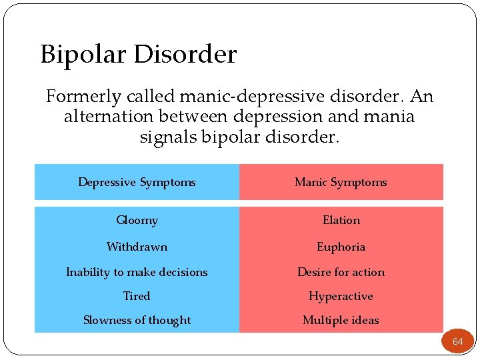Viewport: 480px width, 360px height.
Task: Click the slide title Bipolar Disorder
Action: click(x=138, y=54)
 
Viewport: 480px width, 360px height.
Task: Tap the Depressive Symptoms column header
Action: click(x=137, y=182)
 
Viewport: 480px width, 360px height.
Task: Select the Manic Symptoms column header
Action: click(x=341, y=182)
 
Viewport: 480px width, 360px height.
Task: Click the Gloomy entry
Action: click(x=137, y=220)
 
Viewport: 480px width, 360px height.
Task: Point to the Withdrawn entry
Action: click(x=137, y=247)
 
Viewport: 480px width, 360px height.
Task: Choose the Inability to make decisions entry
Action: click(x=137, y=272)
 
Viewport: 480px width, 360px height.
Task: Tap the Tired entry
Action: click(x=137, y=296)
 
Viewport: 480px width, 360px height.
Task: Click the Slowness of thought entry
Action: click(x=137, y=320)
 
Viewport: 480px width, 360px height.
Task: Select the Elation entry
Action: click(x=341, y=220)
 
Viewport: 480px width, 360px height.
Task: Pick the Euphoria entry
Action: click(x=341, y=247)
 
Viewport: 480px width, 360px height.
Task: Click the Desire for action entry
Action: click(x=341, y=272)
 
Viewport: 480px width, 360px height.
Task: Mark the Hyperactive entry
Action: click(x=341, y=296)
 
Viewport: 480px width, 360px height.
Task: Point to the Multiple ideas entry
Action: click(x=341, y=320)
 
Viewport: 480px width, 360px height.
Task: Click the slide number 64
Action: click(x=457, y=341)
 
